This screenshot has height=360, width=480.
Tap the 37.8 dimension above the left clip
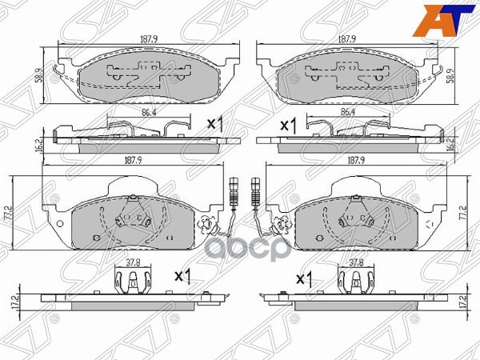click(x=134, y=261)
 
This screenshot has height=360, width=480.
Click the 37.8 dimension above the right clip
click(x=356, y=261)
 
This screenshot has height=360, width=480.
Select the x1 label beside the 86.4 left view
click(x=214, y=124)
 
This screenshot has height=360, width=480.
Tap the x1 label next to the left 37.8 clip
click(x=182, y=276)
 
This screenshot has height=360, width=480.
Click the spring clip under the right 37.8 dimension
click(x=355, y=282)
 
